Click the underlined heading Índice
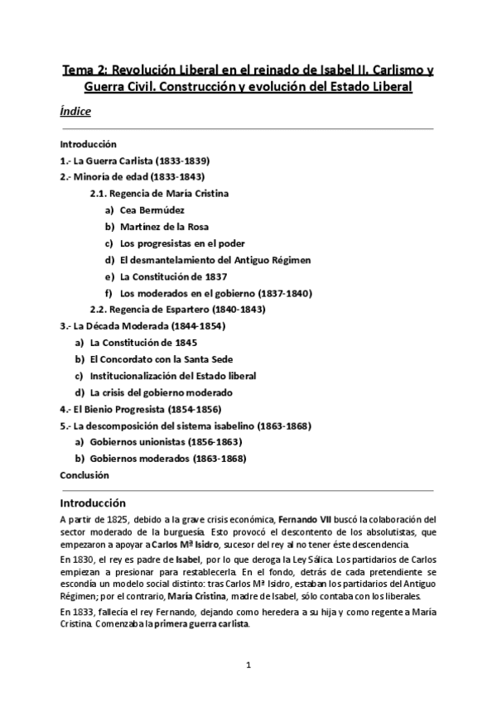pyautogui.click(x=75, y=111)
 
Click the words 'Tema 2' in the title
pyautogui.click(x=85, y=70)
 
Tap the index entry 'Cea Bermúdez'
pyautogui.click(x=152, y=209)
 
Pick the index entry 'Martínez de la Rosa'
pyautogui.click(x=164, y=226)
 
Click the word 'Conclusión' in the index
pyautogui.click(x=84, y=475)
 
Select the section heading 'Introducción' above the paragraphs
pyautogui.click(x=93, y=502)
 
